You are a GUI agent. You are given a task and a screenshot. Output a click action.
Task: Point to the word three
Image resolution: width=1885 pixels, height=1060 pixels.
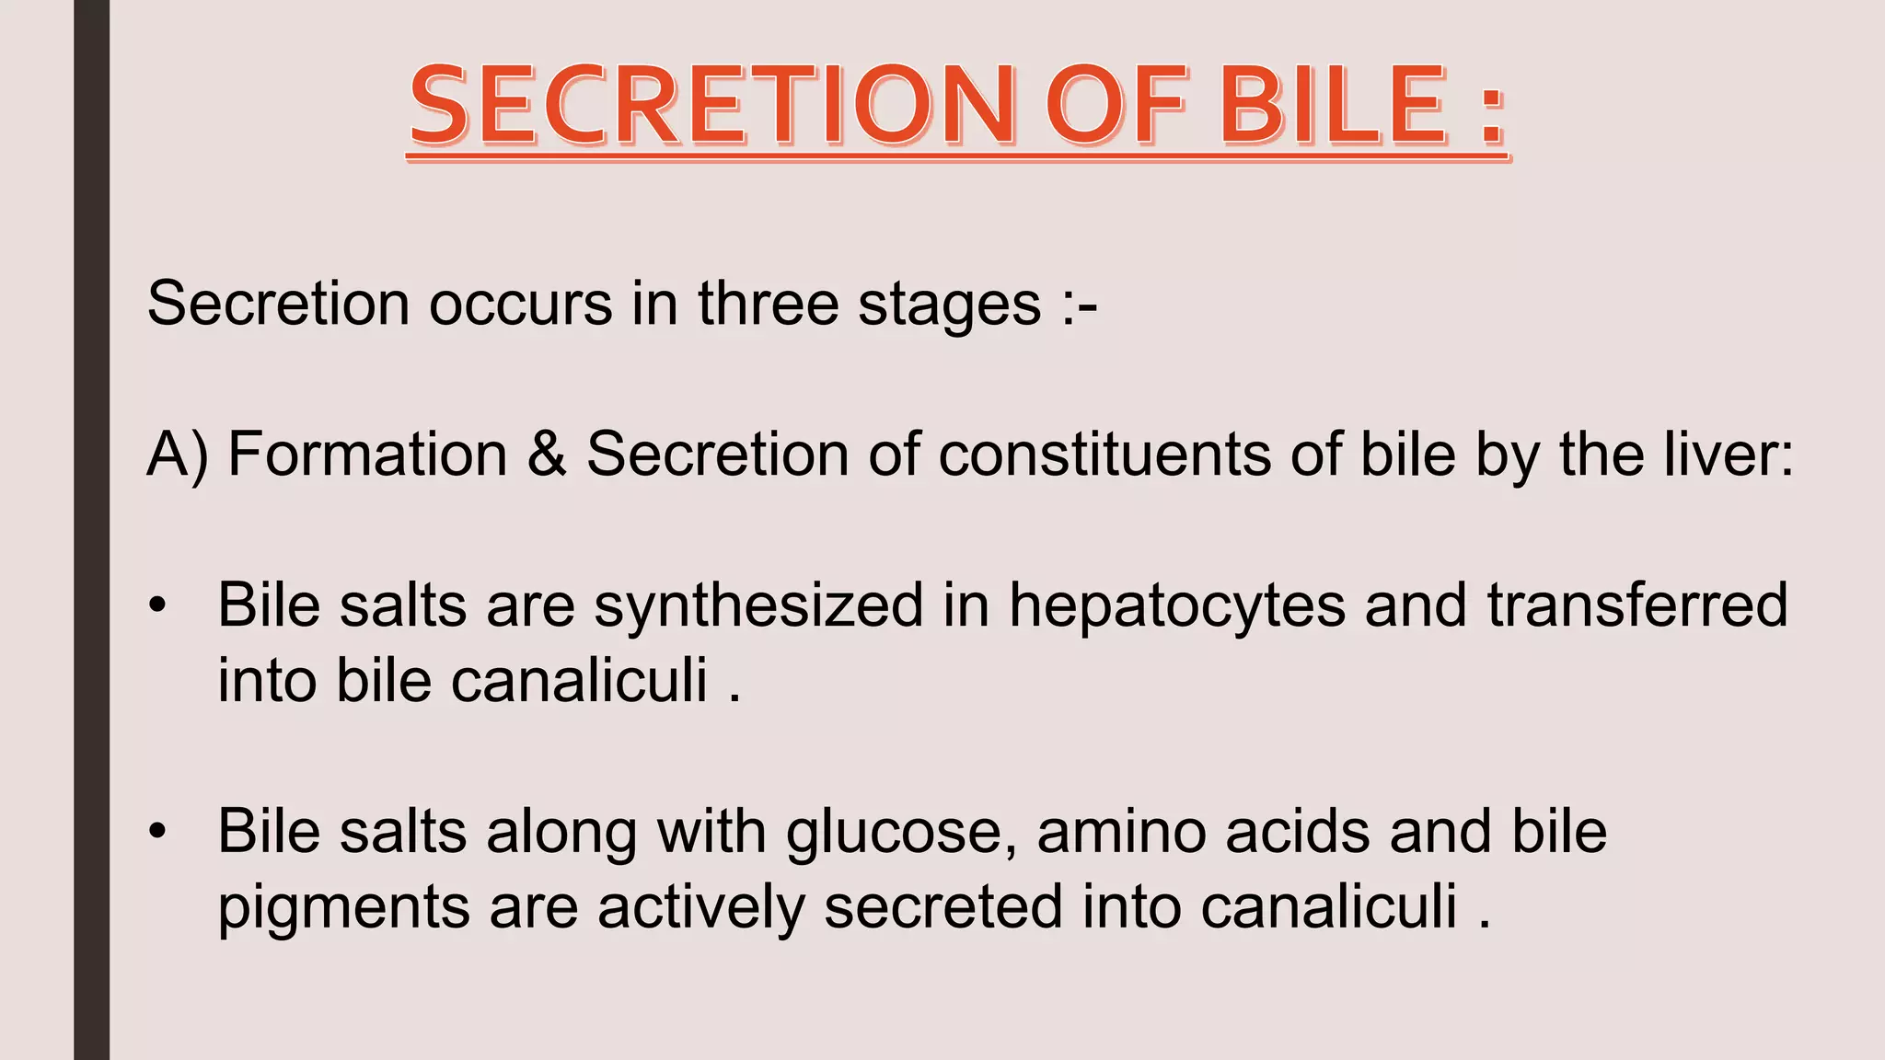(x=768, y=303)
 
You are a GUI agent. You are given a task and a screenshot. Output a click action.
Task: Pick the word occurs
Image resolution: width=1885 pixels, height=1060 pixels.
(x=520, y=305)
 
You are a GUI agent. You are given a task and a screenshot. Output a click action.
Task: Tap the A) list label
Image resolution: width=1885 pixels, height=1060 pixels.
(x=178, y=455)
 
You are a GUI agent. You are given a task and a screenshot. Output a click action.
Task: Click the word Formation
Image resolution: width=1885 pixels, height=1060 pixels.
(x=367, y=454)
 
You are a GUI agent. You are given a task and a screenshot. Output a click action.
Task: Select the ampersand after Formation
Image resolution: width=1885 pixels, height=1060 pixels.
(x=547, y=454)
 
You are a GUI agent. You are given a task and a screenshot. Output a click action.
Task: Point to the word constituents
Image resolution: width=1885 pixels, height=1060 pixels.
(x=1104, y=454)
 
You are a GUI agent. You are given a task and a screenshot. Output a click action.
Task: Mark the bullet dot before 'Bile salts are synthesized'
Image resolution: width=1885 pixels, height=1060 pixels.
(x=158, y=606)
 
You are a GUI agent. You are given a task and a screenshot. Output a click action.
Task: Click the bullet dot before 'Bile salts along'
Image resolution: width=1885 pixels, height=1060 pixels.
(x=158, y=832)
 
